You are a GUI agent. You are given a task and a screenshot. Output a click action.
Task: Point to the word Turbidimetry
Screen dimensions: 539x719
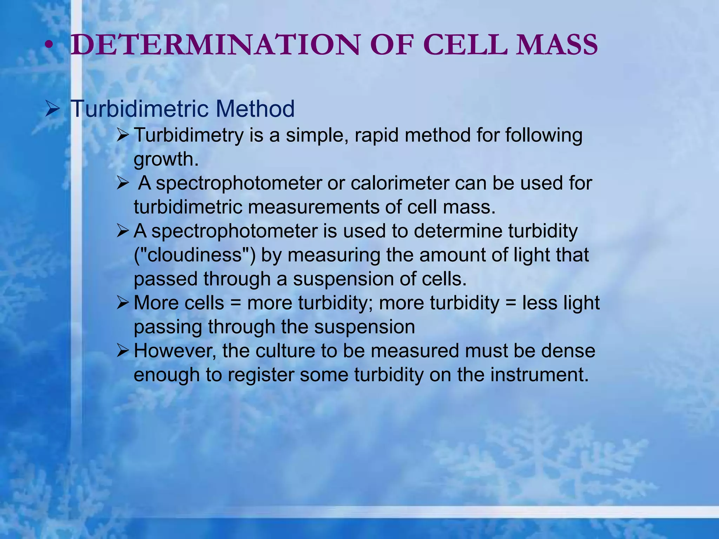coord(189,135)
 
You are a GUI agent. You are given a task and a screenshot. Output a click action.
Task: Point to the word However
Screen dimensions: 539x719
coord(175,351)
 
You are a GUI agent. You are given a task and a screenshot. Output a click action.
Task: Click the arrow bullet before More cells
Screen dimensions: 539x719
coord(123,303)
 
